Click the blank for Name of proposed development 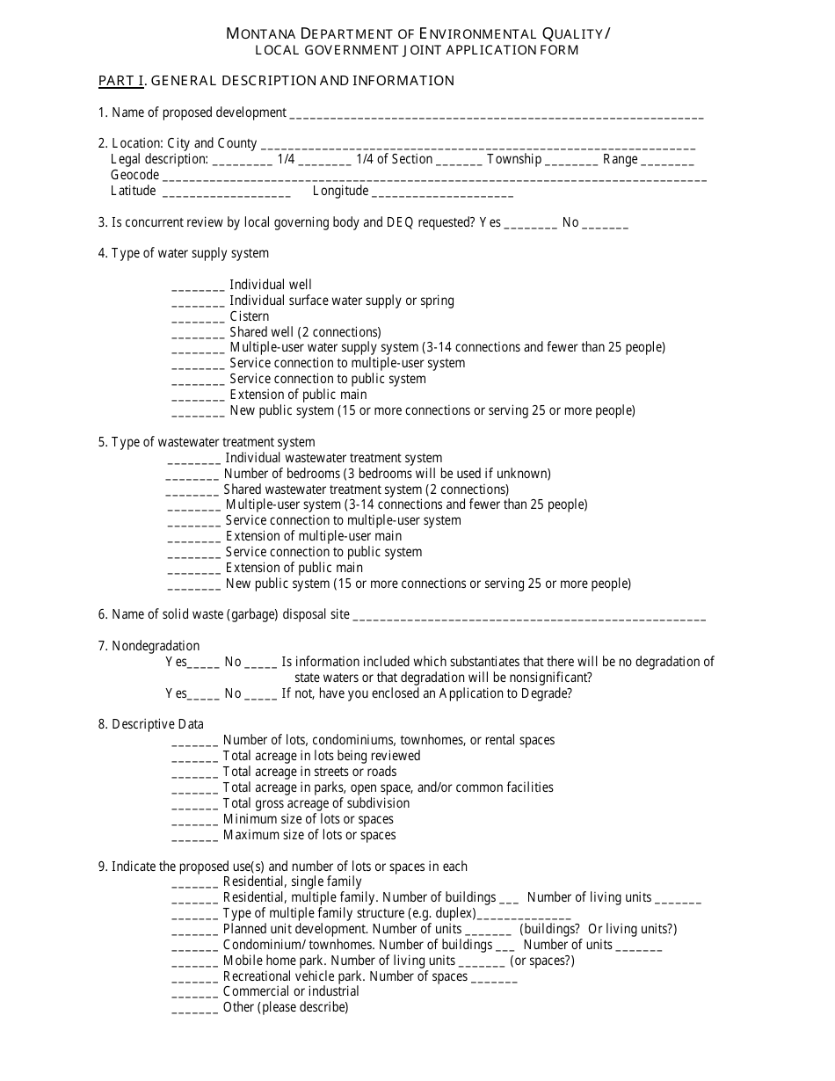tap(496, 114)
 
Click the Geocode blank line tap(435, 177)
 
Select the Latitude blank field tap(226, 192)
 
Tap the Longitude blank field tap(443, 192)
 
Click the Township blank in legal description tap(572, 161)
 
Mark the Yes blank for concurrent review tap(531, 224)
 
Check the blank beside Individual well tap(198, 287)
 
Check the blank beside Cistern tap(198, 318)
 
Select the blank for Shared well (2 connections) tap(198, 334)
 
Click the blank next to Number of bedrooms tap(192, 475)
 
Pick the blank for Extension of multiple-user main tap(193, 538)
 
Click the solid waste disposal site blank tap(529, 616)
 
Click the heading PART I tap(120, 81)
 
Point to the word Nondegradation tap(156, 646)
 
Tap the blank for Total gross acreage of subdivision tap(194, 805)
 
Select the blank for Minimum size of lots tap(194, 821)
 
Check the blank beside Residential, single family tap(194, 883)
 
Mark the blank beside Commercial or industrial tap(194, 993)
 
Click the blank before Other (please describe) tap(194, 1009)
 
